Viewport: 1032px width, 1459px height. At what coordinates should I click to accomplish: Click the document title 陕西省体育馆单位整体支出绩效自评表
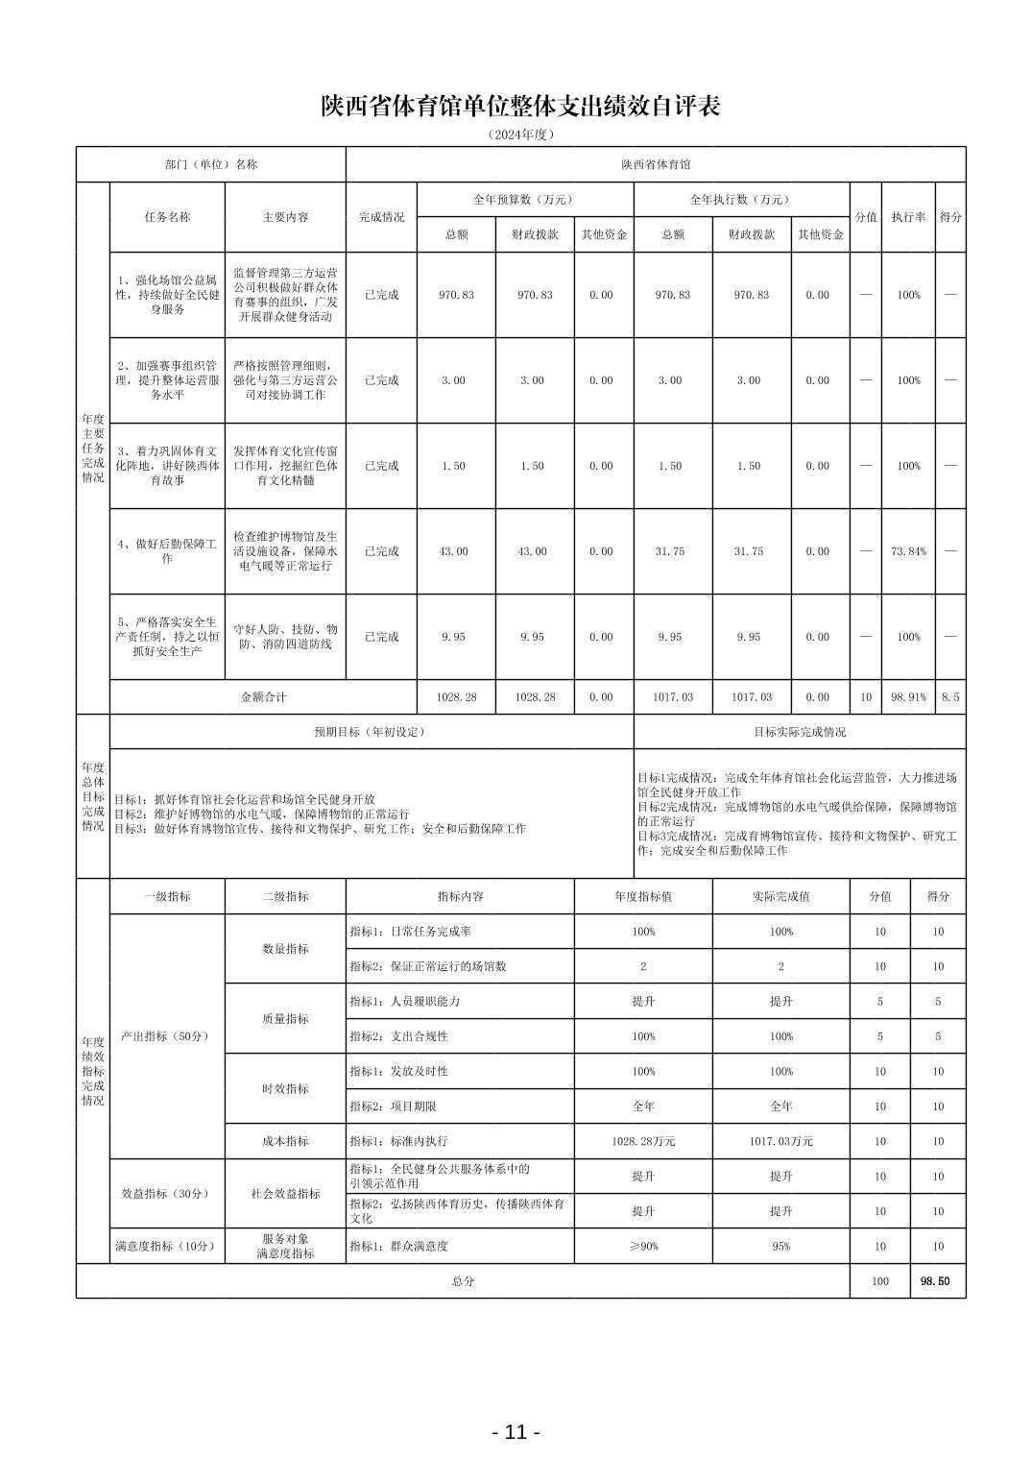[x=520, y=107]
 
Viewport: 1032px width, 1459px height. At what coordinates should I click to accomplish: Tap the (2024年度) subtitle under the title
[x=520, y=134]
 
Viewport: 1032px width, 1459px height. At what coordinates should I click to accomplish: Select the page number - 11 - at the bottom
[x=516, y=1432]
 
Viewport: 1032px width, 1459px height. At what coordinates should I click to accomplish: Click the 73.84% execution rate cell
[x=908, y=551]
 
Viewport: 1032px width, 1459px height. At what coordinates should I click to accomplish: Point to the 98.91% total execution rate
[x=908, y=697]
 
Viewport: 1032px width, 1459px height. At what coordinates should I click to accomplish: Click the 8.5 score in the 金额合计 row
[x=949, y=697]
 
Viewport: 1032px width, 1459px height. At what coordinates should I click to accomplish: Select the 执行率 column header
[x=908, y=217]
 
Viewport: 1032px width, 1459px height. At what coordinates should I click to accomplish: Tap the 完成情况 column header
[x=381, y=217]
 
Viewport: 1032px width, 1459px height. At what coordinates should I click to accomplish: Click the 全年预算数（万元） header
[x=524, y=200]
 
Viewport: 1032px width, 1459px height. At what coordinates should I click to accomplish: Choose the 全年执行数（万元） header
[x=741, y=200]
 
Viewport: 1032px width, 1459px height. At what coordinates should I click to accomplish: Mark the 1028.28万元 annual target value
[x=643, y=1141]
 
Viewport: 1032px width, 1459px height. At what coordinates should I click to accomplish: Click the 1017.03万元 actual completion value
[x=780, y=1141]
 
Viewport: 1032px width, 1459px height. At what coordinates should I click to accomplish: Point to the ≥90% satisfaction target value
[x=643, y=1246]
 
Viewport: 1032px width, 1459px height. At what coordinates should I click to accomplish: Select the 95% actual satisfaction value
[x=780, y=1246]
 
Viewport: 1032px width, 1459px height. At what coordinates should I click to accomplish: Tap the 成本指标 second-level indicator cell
[x=285, y=1141]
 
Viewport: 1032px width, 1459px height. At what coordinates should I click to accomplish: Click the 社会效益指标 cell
[x=285, y=1194]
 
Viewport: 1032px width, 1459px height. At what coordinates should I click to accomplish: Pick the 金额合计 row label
[x=263, y=697]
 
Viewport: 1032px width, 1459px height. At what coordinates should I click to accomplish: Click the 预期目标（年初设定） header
[x=370, y=732]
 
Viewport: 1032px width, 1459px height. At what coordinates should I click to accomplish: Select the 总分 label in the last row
[x=462, y=1281]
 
